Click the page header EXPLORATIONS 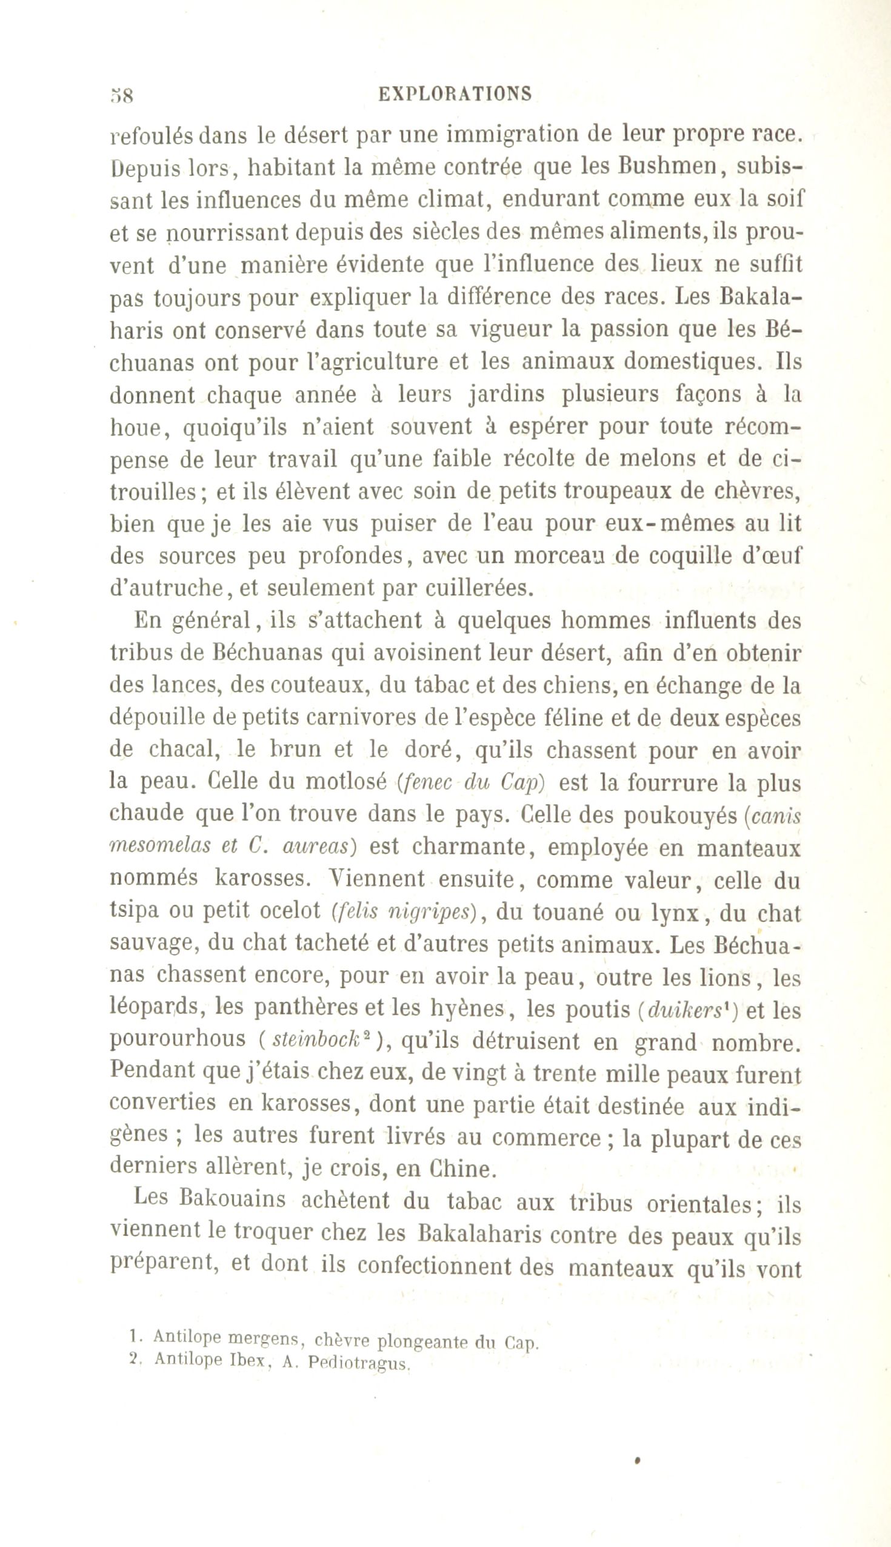[x=455, y=94]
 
